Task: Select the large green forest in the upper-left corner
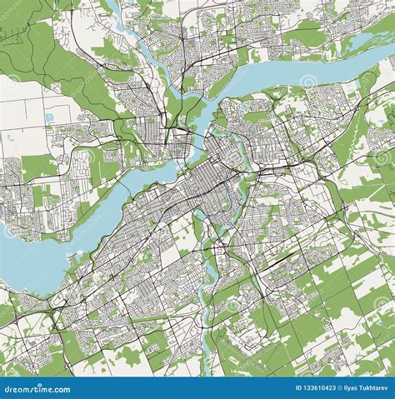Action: coord(33,42)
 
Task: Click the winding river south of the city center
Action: coord(202,275)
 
